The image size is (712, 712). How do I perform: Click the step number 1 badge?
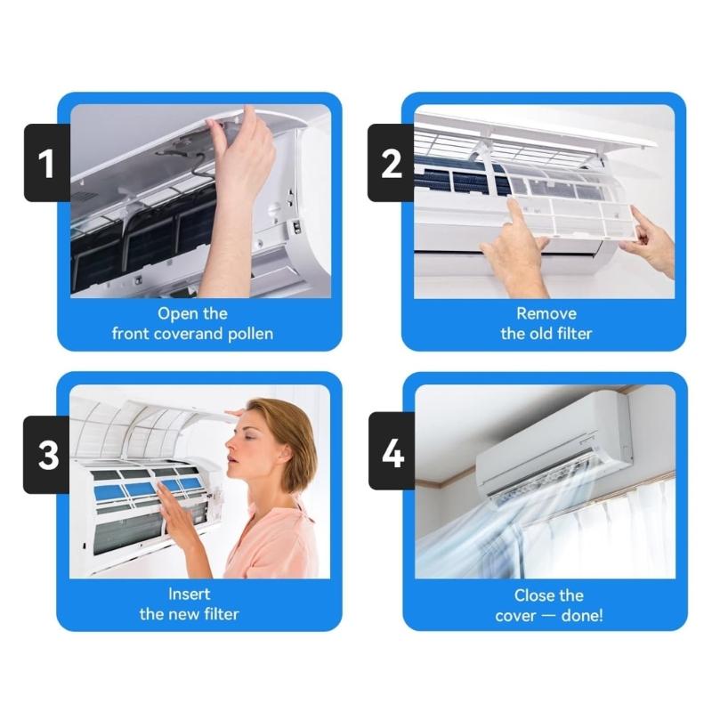[x=46, y=163]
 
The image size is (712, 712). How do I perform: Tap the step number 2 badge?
[x=392, y=163]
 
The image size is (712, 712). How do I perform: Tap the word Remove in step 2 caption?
[x=546, y=313]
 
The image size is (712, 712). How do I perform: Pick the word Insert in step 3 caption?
[x=189, y=594]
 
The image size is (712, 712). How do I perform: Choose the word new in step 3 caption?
[x=189, y=614]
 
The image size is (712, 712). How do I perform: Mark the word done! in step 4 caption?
[x=580, y=615]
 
